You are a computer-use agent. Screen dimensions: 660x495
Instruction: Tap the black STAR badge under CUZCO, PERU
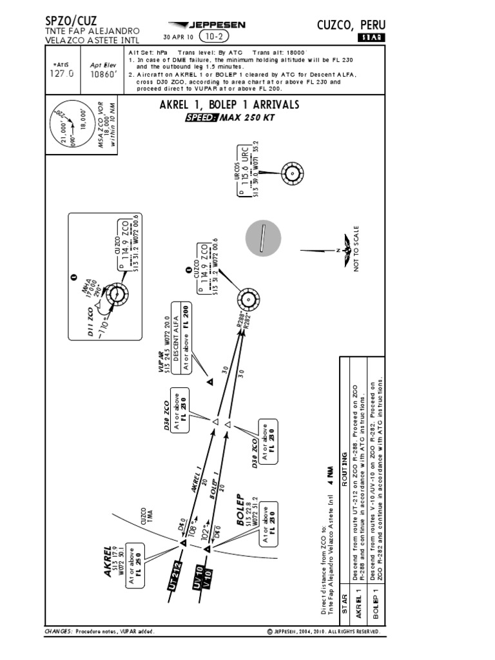[371, 38]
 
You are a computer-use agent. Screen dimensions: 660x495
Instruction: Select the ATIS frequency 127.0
[62, 73]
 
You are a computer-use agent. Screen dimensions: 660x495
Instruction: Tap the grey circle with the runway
[262, 238]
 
